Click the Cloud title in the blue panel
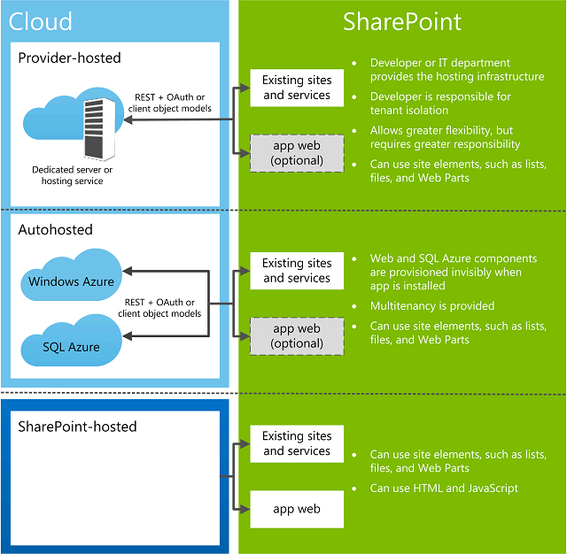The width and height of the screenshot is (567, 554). pos(40,21)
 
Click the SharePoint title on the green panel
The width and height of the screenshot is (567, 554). pos(401,21)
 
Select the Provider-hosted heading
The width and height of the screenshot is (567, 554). pos(69,58)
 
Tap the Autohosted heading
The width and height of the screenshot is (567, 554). pos(55,230)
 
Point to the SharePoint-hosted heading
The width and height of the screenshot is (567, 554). pos(77,427)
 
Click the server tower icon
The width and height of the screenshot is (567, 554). pos(99,129)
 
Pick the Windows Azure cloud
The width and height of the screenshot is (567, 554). pos(71,275)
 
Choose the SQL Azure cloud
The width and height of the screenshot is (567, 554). pos(71,341)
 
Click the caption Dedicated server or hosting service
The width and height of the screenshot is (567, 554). pos(73,175)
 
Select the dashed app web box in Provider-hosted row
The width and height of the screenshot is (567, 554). pos(297,153)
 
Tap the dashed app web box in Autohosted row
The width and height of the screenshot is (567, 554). pos(297,336)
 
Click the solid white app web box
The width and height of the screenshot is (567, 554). pos(297,509)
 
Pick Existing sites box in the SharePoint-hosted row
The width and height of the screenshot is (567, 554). pos(297,443)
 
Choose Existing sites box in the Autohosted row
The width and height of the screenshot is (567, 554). pos(297,271)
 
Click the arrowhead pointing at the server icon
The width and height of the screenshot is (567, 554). pos(128,119)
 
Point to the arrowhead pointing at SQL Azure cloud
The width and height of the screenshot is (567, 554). pos(127,336)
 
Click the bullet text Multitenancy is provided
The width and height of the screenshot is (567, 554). pos(432,306)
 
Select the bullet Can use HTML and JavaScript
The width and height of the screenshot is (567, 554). pos(444,489)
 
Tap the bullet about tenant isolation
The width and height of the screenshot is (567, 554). pos(440,104)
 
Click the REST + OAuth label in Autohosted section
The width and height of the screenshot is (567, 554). pos(159,308)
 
